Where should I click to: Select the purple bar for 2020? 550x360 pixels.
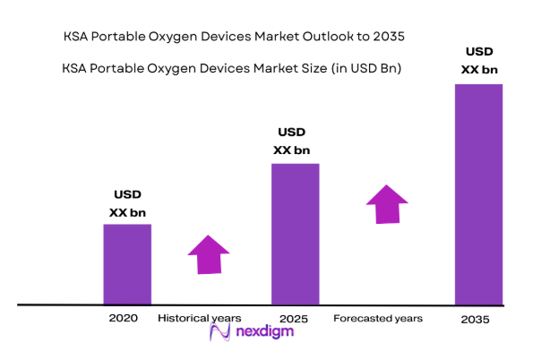coord(127,264)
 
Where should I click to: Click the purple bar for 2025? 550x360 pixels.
coord(295,234)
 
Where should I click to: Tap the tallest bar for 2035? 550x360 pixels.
coord(478,194)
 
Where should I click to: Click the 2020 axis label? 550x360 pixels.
coord(123,318)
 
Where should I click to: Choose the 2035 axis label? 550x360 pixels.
coord(476,320)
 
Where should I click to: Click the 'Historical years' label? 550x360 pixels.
coord(200,318)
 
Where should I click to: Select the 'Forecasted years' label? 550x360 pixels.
coord(378,318)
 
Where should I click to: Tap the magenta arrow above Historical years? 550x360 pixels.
coord(210,254)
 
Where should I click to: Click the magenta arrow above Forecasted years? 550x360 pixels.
coord(386,204)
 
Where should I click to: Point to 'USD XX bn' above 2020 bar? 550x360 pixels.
coord(127,203)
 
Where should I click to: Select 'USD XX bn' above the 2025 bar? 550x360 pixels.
coord(295,141)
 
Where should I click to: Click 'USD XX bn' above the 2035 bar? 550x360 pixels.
coord(478,60)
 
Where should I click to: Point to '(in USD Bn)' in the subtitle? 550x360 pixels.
coord(363,68)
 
